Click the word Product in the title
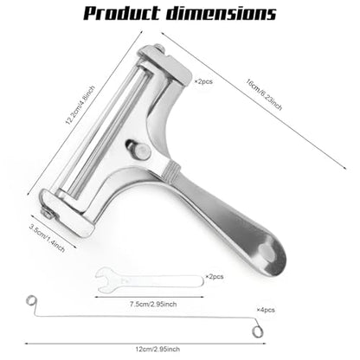point(122,13)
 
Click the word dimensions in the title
point(222,13)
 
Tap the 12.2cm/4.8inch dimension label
point(80,105)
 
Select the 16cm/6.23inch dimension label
point(264,94)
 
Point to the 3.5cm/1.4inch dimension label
point(47,238)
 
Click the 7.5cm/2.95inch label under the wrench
point(153,304)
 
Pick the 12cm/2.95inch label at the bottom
point(157,349)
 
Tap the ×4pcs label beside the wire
point(266,310)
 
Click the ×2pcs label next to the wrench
point(215,277)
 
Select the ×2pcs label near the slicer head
point(203,81)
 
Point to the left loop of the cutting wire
point(31,301)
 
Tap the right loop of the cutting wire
point(257,331)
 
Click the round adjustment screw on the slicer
point(143,151)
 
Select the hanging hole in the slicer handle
point(267,252)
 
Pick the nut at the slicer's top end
point(159,48)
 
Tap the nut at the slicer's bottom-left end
point(48,214)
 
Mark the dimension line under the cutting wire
point(145,344)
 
